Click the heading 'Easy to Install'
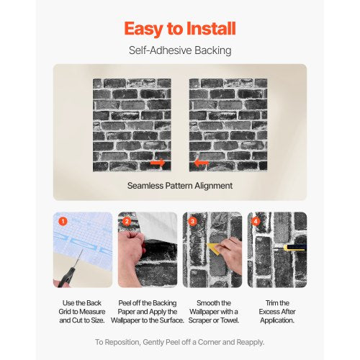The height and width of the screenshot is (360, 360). click(179, 28)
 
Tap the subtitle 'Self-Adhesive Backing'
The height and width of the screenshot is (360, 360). click(179, 51)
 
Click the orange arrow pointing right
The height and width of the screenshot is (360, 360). click(158, 163)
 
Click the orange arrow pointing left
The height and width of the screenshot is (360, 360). click(202, 163)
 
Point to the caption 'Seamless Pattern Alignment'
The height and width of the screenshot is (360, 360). click(179, 185)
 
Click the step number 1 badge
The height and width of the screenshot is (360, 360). click(63, 221)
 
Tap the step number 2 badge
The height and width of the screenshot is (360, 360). click(127, 221)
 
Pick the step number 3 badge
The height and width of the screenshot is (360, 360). click(192, 221)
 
